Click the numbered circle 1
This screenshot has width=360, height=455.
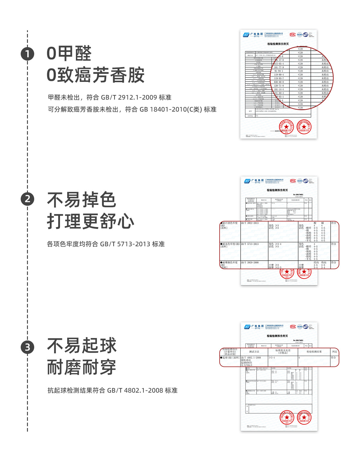[x=27, y=54]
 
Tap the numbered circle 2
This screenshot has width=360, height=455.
[x=27, y=199]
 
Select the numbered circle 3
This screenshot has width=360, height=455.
[x=27, y=347]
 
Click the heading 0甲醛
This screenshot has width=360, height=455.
[x=69, y=53]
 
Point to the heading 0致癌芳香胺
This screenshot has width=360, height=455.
[x=95, y=75]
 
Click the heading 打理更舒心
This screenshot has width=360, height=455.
[x=90, y=221]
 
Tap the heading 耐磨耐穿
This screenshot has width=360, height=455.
[x=82, y=367]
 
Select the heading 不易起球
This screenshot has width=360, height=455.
[x=82, y=346]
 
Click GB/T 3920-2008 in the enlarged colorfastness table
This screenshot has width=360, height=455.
[x=250, y=262]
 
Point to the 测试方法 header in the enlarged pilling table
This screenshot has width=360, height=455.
[x=254, y=352]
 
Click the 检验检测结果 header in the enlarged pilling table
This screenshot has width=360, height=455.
[x=314, y=352]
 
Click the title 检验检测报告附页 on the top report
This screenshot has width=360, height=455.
[x=278, y=44]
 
